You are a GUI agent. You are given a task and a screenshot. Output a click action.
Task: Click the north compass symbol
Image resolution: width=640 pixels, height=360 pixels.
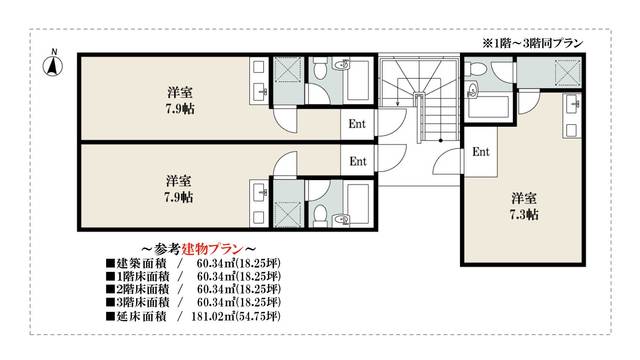(x=53, y=64)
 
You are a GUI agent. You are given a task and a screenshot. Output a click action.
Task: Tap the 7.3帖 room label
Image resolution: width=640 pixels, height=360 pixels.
(x=524, y=215)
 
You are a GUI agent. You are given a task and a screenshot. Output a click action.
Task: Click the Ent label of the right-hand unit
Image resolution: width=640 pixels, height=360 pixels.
(x=481, y=152)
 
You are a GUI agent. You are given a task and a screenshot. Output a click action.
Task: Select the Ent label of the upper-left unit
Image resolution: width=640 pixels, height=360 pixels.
(x=357, y=124)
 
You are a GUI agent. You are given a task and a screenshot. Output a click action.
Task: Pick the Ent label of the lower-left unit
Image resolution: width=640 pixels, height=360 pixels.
(x=358, y=162)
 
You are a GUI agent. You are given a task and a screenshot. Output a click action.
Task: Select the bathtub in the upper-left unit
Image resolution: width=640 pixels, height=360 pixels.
(x=358, y=81)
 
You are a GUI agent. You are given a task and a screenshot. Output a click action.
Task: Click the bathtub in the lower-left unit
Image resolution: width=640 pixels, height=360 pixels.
(x=358, y=203)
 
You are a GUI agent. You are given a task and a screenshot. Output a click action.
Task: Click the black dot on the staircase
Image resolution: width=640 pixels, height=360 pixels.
(x=441, y=141)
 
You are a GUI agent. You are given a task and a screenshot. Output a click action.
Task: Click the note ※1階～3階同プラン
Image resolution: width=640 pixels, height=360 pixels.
(x=532, y=43)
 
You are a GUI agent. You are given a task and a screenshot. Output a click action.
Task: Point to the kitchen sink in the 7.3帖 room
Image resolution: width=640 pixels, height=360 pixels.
(x=571, y=104)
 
